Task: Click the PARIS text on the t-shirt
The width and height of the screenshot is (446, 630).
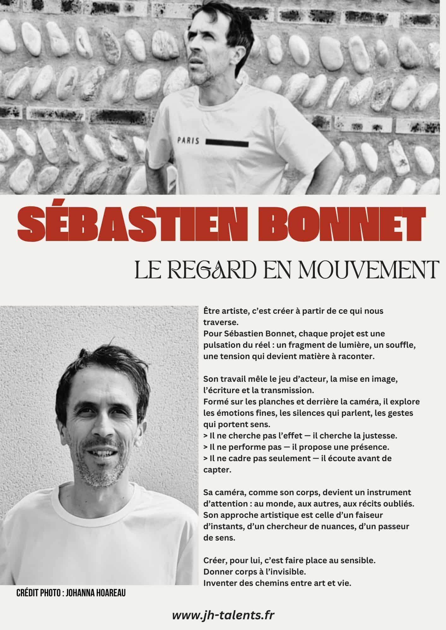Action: click(x=188, y=141)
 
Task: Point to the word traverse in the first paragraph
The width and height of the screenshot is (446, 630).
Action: click(x=219, y=323)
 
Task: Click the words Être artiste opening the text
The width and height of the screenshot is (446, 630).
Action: click(x=221, y=311)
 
